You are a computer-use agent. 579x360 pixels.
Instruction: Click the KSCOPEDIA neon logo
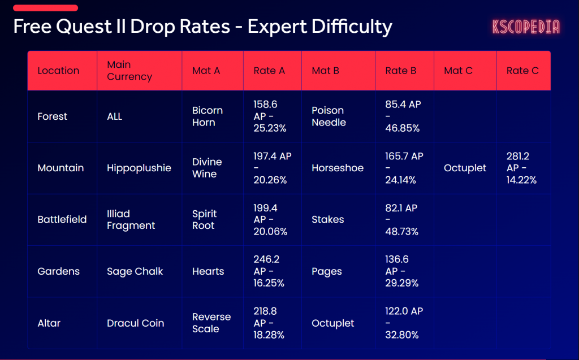click(526, 27)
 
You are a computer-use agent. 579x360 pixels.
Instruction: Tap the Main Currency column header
click(129, 71)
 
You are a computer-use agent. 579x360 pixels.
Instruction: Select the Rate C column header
click(522, 71)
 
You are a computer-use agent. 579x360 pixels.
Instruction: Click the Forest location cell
click(53, 116)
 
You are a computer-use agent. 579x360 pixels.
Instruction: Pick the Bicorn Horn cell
click(208, 116)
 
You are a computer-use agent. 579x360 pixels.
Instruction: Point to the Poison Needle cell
click(329, 116)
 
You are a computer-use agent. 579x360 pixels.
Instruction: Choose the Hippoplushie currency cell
click(139, 168)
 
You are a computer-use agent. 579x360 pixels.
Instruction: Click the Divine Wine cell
click(207, 168)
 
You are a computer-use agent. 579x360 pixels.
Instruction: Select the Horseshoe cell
click(338, 168)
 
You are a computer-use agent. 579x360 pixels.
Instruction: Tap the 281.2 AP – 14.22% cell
click(521, 168)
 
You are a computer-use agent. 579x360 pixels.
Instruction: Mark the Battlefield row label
click(62, 219)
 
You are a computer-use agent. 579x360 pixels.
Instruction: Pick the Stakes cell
click(328, 219)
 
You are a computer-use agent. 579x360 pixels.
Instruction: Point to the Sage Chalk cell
click(135, 271)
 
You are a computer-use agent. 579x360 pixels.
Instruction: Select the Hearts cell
click(208, 271)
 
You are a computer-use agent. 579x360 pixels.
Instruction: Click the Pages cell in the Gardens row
click(327, 271)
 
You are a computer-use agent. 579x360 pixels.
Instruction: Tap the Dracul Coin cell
click(136, 323)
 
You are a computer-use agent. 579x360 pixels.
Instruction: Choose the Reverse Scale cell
click(211, 323)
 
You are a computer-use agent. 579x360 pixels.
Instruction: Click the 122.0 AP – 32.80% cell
click(404, 323)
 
